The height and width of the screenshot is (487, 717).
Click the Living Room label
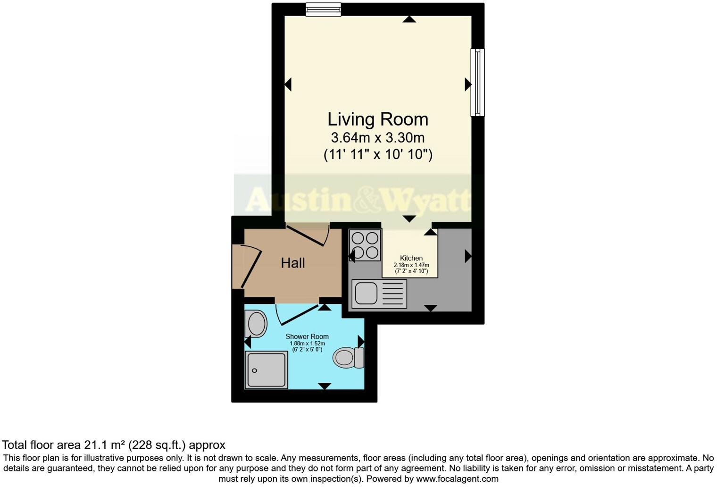377,119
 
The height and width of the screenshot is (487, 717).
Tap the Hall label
293,263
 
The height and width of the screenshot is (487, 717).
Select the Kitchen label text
411,258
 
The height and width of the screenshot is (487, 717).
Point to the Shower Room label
307,336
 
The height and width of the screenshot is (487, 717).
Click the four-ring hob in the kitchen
365,245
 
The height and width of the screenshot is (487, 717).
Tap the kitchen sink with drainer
379,294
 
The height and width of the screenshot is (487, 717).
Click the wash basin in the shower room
256,324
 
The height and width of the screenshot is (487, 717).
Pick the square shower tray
266,370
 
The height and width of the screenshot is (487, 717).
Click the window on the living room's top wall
323,9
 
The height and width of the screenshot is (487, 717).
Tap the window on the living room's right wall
477,83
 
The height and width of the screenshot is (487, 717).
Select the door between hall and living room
308,235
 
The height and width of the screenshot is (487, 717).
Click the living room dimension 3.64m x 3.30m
377,138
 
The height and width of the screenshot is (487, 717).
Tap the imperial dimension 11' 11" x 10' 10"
377,154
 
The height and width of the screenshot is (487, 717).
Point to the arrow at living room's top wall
409,19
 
